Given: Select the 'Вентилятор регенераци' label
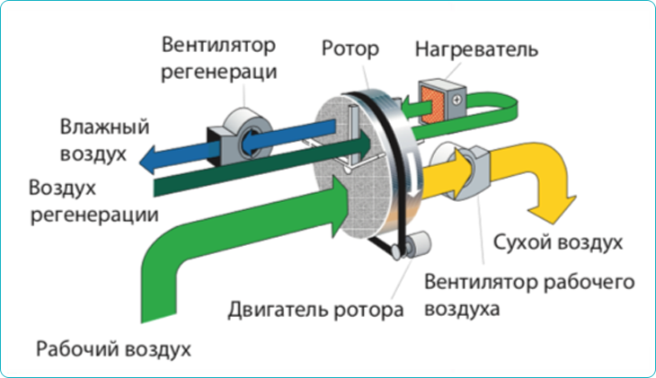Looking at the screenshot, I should point(219,57).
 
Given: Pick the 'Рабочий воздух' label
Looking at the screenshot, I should point(114,347).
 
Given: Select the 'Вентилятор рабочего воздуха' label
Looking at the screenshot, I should point(529,295).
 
